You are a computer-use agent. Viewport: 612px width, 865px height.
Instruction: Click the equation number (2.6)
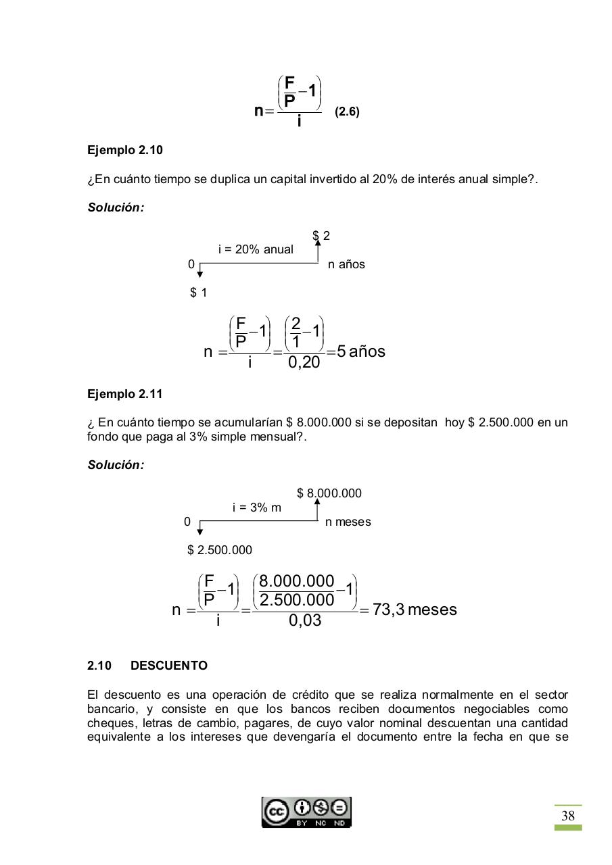click(347, 112)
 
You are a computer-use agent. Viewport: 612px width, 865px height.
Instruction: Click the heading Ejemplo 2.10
click(125, 150)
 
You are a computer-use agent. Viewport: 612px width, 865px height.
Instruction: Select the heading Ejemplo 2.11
click(125, 393)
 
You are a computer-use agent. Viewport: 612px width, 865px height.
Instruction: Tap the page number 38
click(568, 816)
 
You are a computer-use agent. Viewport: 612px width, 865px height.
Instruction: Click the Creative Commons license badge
click(306, 812)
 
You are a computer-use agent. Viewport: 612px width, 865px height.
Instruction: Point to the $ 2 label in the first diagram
click(321, 236)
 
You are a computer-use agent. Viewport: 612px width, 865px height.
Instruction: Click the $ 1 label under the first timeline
click(199, 293)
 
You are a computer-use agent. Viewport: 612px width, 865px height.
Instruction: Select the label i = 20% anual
click(256, 249)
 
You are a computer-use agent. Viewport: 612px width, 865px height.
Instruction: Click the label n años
click(346, 264)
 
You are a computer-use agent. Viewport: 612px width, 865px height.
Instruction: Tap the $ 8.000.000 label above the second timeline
click(329, 493)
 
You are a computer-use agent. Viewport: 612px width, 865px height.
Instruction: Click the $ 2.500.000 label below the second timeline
click(220, 550)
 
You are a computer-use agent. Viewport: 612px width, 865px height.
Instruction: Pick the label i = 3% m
click(256, 508)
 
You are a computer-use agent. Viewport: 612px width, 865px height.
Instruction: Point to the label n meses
click(348, 522)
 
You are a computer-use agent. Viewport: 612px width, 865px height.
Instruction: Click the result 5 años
click(361, 351)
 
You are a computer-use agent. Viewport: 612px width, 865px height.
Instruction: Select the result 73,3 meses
click(415, 610)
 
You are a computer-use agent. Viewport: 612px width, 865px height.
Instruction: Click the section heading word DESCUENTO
click(169, 666)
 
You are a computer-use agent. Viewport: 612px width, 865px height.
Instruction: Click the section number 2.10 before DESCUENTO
click(99, 666)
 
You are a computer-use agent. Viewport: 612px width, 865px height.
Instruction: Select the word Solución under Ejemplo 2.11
click(116, 465)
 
